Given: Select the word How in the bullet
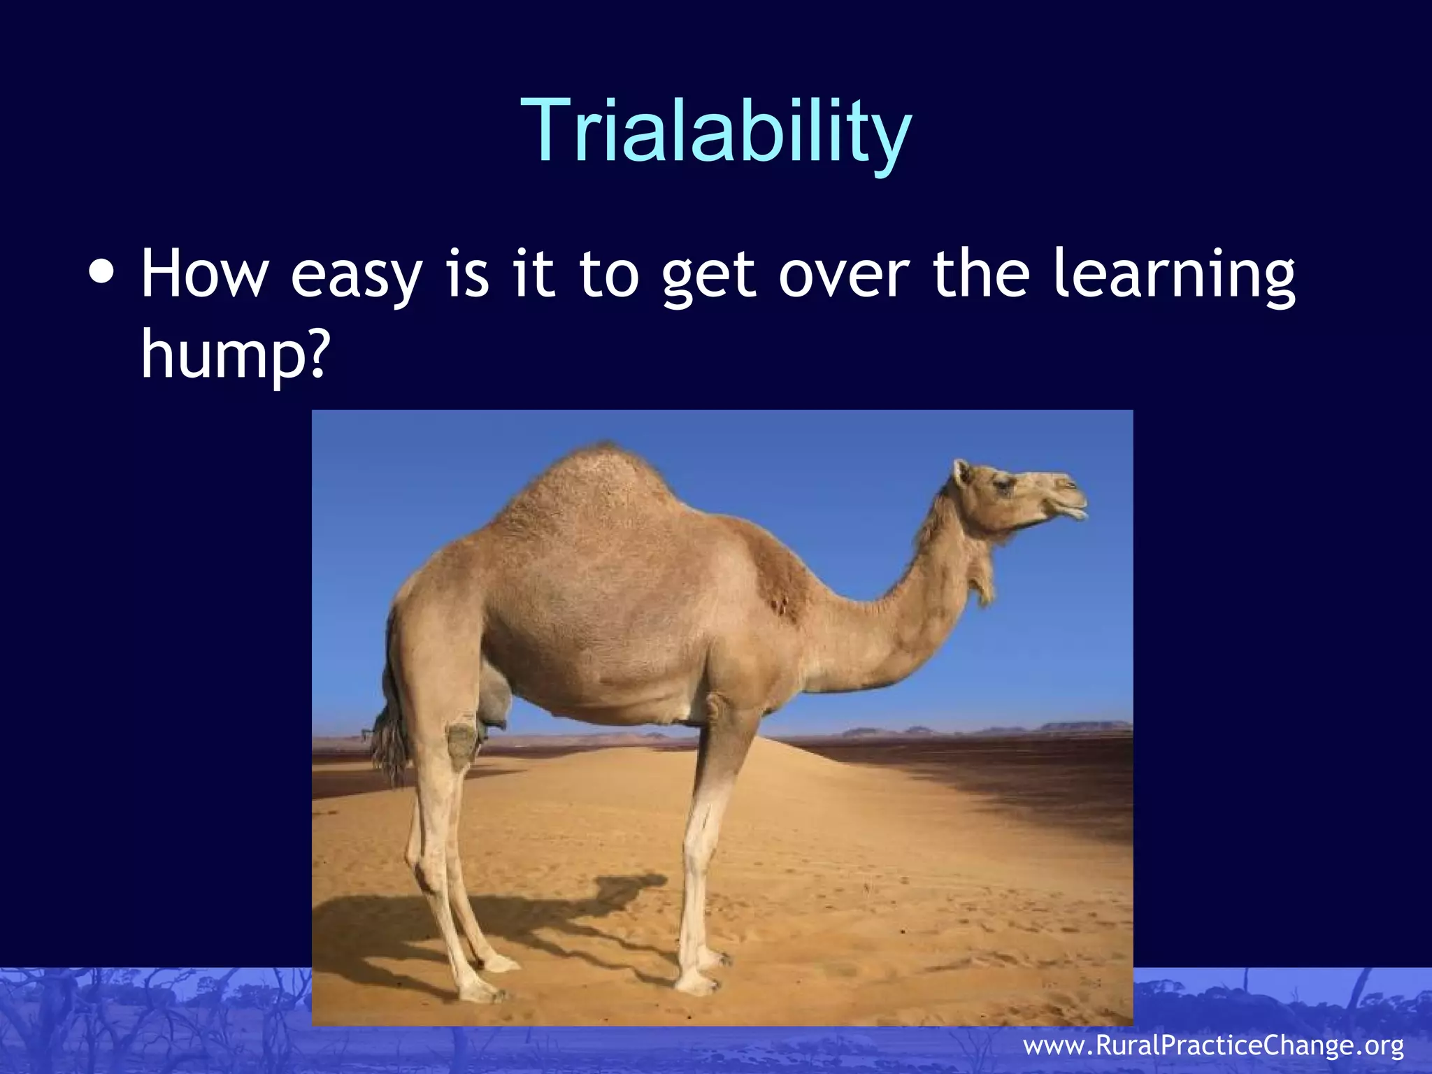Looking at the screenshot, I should [204, 274].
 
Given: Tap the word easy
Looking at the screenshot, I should [356, 277].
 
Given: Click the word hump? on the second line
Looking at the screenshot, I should [234, 355].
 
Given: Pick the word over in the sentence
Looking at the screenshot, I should [843, 275].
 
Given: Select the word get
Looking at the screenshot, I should [708, 278].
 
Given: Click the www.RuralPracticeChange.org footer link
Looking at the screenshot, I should [1213, 1045].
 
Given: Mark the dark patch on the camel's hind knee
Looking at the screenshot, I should [461, 745].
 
